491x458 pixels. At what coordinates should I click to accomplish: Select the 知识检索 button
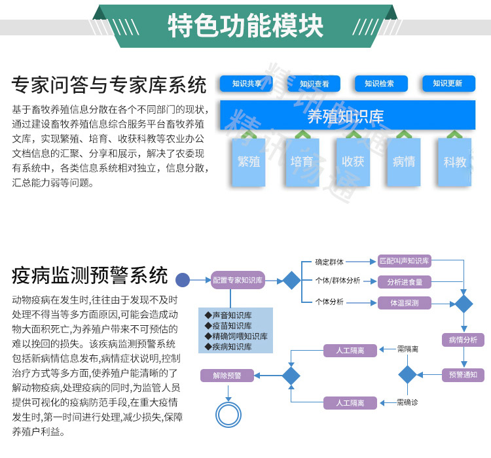380,84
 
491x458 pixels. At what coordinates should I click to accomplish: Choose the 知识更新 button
448,84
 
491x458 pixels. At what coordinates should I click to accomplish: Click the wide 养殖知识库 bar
347,116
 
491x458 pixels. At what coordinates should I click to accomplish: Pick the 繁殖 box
249,161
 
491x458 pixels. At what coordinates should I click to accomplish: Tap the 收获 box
353,161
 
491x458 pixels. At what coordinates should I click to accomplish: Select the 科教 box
454,161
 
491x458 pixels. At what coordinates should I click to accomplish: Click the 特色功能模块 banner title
245,26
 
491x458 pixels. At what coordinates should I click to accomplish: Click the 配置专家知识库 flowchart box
237,280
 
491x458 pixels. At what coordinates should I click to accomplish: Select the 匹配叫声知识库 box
405,261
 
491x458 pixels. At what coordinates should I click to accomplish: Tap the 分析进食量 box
405,282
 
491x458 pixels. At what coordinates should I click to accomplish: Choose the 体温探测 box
405,302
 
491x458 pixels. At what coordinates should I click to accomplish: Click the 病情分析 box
464,340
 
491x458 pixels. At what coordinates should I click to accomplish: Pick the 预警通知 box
464,375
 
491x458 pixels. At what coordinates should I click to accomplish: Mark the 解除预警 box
227,376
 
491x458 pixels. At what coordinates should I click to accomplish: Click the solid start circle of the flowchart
183,280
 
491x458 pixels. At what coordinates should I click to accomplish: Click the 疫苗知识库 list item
228,326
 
